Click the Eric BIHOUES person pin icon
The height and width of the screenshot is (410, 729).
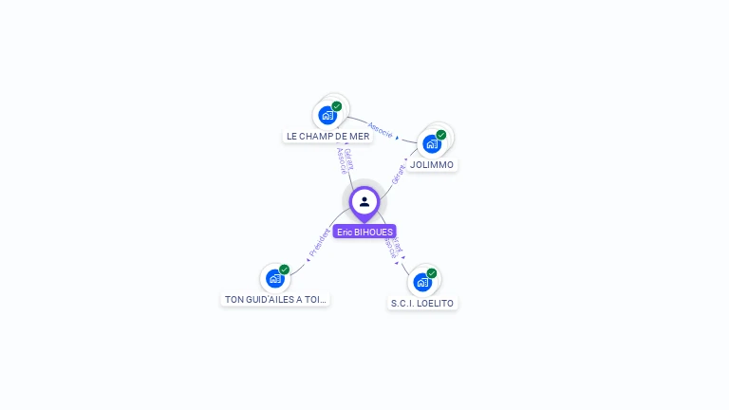[x=364, y=201]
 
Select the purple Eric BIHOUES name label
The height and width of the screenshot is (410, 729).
[x=364, y=232]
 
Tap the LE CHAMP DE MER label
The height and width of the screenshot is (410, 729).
[x=328, y=136]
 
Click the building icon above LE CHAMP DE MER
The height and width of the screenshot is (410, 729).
[x=327, y=115]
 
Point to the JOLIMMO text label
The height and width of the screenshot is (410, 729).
[x=432, y=164]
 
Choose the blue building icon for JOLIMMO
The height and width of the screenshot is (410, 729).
[x=432, y=143]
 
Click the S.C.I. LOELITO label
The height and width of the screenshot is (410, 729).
[x=422, y=304]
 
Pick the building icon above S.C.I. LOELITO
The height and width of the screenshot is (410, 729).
[x=422, y=282]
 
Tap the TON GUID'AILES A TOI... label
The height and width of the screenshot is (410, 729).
[x=275, y=299]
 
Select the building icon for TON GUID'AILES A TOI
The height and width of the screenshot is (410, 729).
[x=274, y=278]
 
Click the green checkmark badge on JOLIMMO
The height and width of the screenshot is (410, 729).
[x=441, y=135]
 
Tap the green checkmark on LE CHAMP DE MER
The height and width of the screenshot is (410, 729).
[x=337, y=106]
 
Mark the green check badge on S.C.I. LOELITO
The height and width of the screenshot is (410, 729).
[x=432, y=273]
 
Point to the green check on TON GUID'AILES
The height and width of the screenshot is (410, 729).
[x=284, y=270]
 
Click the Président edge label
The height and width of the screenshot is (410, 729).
[x=319, y=243]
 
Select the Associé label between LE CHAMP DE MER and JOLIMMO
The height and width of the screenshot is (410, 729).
[x=380, y=129]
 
